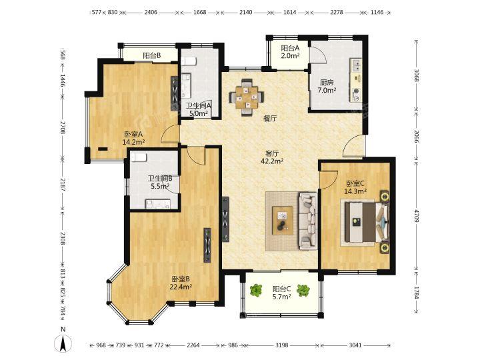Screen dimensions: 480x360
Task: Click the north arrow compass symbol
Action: click(x=63, y=343)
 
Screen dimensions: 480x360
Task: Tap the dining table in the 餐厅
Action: click(x=247, y=97)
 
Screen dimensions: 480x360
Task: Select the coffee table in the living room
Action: click(x=283, y=221)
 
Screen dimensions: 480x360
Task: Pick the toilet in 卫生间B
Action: click(x=139, y=157)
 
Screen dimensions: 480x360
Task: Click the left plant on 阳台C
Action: click(x=256, y=290)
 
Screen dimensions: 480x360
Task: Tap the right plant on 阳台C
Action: click(x=303, y=290)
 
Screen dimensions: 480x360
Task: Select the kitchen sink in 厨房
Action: click(x=356, y=65)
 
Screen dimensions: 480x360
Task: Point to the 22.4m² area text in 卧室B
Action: click(x=181, y=287)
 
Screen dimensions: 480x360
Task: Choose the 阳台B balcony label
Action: click(x=152, y=56)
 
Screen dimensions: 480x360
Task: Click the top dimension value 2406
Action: click(x=151, y=12)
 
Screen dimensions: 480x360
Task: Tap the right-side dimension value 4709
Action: click(x=416, y=215)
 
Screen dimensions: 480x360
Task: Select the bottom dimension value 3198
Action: click(x=281, y=345)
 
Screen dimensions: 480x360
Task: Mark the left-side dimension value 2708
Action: click(x=63, y=127)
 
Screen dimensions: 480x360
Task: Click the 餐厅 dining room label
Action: click(x=270, y=119)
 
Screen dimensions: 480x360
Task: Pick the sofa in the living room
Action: click(x=307, y=221)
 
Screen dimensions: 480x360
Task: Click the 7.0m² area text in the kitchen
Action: click(x=327, y=90)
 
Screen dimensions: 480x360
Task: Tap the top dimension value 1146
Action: click(x=377, y=12)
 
